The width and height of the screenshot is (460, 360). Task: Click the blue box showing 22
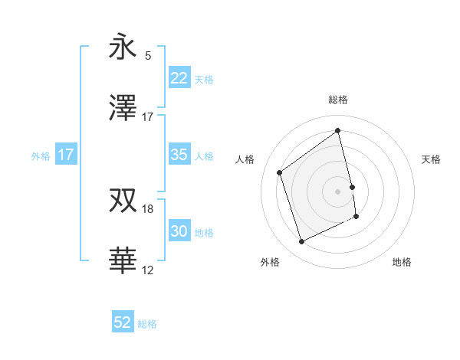pos(179,78)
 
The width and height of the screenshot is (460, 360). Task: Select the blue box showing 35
pos(179,155)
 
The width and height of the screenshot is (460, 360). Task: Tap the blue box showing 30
pos(179,231)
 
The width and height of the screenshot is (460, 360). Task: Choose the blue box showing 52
pos(123,322)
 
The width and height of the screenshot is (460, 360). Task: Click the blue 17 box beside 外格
pos(65,155)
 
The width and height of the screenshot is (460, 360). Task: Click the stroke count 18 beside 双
pos(148,208)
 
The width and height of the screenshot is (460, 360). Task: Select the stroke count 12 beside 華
pos(148,270)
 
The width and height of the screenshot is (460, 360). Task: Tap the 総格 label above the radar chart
pos(338,100)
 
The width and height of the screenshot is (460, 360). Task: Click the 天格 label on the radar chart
pos(432,159)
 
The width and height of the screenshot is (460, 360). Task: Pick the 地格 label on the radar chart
pos(402,262)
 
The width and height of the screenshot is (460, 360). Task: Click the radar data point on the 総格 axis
pos(338,131)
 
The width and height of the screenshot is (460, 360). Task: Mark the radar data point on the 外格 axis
pos(301,242)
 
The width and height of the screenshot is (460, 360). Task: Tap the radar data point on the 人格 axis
pos(280,172)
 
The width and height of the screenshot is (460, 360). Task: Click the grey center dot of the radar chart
pos(338,191)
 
